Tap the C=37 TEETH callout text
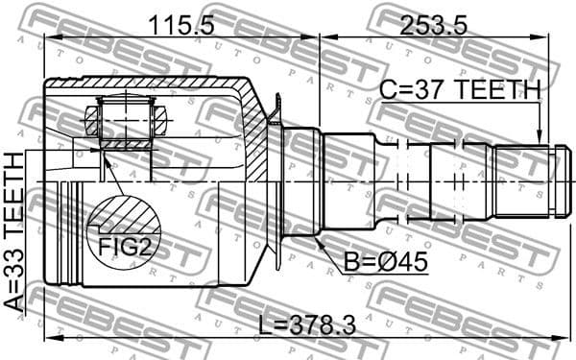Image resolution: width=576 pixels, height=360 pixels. pyautogui.click(x=460, y=89)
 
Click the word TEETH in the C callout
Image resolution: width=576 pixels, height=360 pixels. pyautogui.click(x=497, y=89)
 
